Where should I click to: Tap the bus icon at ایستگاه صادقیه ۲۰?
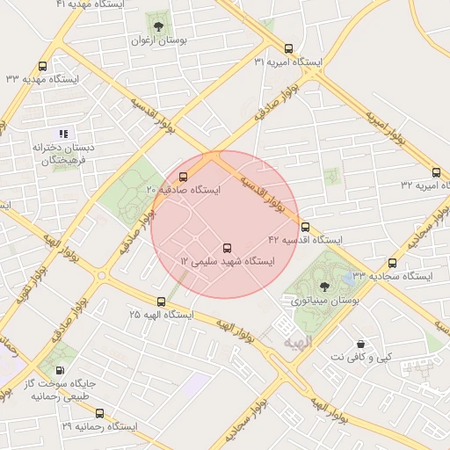184,176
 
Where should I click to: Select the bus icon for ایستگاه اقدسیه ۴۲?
305,226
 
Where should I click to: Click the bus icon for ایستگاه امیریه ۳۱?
289,49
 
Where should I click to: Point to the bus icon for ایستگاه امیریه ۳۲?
437,172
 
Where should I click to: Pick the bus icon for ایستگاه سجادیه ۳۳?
392,262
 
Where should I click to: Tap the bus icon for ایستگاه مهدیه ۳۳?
43,66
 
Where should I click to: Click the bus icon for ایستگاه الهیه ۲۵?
160,301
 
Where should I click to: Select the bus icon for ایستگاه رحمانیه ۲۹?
99,412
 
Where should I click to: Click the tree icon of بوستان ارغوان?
159,24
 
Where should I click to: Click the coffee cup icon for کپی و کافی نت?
359,344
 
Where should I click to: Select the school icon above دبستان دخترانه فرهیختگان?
62,134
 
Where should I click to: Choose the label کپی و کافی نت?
359,358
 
